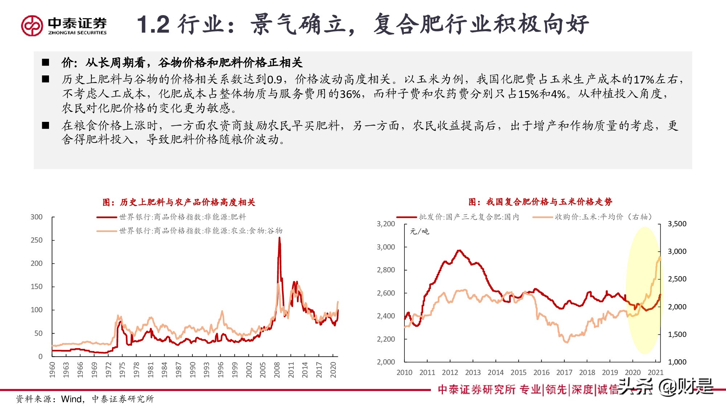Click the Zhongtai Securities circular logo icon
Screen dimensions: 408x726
coord(32,25)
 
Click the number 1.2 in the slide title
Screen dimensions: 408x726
coord(153,25)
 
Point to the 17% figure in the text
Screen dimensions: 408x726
coord(644,79)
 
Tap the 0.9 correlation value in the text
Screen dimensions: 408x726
coord(274,79)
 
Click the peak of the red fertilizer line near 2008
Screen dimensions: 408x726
coord(279,238)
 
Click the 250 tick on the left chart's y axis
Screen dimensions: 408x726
coord(36,240)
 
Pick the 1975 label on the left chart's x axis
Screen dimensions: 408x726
coord(122,370)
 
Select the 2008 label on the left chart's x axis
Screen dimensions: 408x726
coord(277,370)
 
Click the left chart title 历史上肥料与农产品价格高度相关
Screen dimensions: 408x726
coord(179,202)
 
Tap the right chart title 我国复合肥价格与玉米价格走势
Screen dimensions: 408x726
coord(540,202)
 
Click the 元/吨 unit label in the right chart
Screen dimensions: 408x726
coord(419,231)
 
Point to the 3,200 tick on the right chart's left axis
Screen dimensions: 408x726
coord(386,224)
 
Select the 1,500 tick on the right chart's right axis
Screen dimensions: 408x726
coord(677,334)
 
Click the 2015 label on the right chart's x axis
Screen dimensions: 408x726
coord(518,372)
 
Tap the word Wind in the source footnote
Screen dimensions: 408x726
coord(71,399)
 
